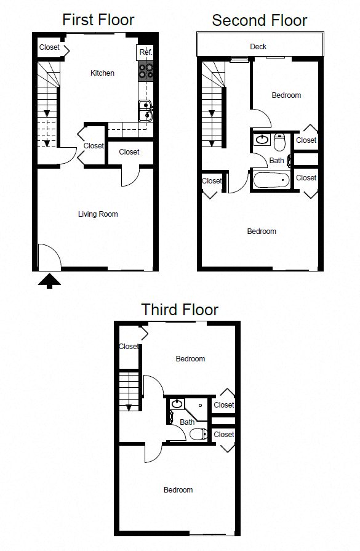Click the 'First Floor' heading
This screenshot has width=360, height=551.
[98, 20]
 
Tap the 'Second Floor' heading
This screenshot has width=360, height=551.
[259, 20]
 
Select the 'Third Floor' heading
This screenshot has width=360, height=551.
[180, 309]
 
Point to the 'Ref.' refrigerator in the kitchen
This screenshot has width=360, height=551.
[145, 52]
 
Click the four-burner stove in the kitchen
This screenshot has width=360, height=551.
[146, 71]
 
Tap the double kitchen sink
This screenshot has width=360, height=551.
[146, 110]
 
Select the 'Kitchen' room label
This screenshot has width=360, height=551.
[102, 73]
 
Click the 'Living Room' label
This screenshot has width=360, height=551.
[98, 214]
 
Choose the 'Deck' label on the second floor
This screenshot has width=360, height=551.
[258, 47]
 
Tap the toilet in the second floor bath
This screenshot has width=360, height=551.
[279, 143]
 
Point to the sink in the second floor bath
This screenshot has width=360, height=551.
[262, 140]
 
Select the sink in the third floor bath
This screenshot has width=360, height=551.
[177, 404]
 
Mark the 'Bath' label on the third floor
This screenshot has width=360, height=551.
[187, 422]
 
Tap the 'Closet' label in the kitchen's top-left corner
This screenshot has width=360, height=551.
[50, 47]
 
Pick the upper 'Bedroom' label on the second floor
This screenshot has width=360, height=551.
[286, 95]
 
